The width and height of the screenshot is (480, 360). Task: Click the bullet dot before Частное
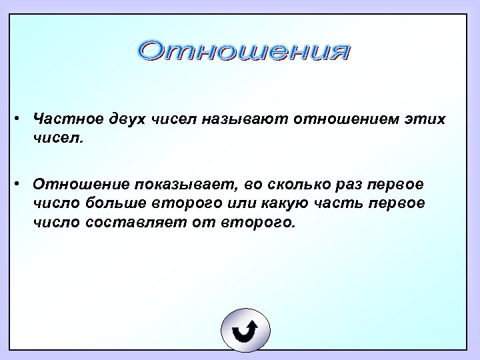click(22, 118)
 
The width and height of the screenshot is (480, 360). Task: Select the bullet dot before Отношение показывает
click(22, 183)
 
